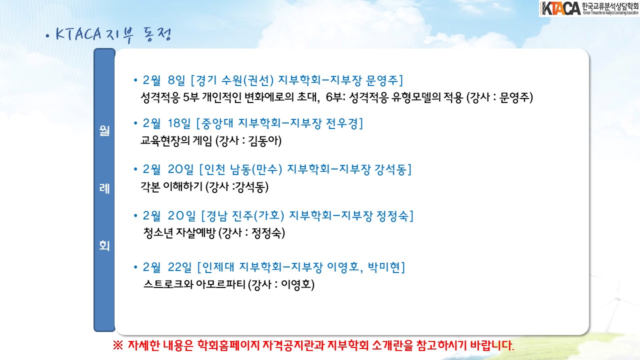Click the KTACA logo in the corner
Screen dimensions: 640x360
(x=589, y=8)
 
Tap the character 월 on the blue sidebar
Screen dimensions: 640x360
(x=104, y=131)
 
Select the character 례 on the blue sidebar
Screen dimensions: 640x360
(x=104, y=188)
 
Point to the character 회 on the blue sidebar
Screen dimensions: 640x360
(x=104, y=245)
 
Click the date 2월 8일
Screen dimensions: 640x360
(x=164, y=80)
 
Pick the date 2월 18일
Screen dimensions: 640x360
(x=166, y=123)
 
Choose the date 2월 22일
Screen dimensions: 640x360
(x=167, y=267)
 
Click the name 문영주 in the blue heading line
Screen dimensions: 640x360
(x=382, y=80)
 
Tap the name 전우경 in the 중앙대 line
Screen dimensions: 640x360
(x=342, y=123)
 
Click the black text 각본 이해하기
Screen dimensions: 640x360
(x=171, y=187)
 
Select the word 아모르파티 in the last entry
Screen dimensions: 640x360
(x=220, y=284)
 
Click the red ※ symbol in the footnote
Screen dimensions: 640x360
(x=117, y=345)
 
